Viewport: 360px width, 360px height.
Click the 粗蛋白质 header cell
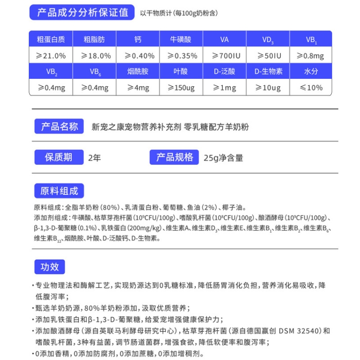click(50, 39)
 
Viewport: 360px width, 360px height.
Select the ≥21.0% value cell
click(50, 55)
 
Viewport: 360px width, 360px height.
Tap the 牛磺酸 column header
click(181, 39)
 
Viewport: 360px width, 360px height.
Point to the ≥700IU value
click(225, 55)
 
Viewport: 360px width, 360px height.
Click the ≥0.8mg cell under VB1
click(311, 55)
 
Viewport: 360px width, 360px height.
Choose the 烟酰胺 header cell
click(138, 72)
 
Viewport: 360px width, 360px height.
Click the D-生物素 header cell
click(268, 72)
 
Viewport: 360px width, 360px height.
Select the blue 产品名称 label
click(60, 127)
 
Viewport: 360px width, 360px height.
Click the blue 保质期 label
click(59, 157)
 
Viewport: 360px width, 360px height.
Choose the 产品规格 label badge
click(174, 157)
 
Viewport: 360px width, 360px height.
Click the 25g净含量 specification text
click(224, 157)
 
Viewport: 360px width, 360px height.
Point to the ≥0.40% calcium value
click(138, 55)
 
